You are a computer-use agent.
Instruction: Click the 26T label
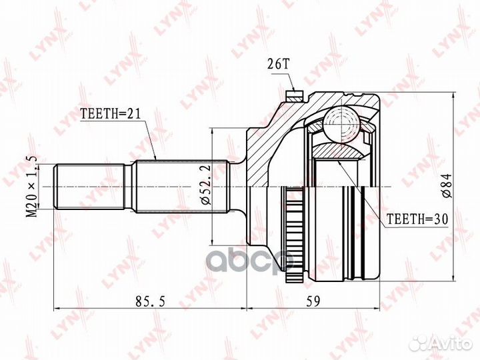click(278, 64)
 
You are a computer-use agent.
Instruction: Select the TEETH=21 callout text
click(110, 114)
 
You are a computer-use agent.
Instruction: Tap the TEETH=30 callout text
click(417, 219)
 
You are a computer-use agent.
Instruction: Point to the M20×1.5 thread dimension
click(32, 186)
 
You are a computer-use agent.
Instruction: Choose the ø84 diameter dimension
click(447, 185)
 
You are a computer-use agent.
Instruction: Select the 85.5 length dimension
click(150, 301)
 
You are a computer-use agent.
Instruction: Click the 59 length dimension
click(313, 301)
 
